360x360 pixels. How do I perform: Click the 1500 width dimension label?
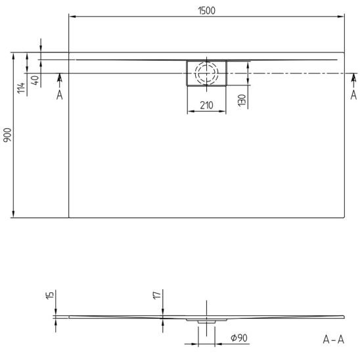[x=207, y=11]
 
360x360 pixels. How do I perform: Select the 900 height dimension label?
[x=7, y=135]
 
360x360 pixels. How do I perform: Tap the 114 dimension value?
[x=21, y=88]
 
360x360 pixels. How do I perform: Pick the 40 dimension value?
[x=35, y=80]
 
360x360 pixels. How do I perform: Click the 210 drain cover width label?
[x=207, y=105]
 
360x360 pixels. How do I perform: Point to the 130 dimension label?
[x=242, y=101]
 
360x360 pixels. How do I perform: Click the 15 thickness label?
[x=50, y=295]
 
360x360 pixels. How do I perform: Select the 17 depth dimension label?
[x=157, y=295]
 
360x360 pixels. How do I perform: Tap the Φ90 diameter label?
[x=239, y=338]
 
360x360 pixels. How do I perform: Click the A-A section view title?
[x=333, y=340]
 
